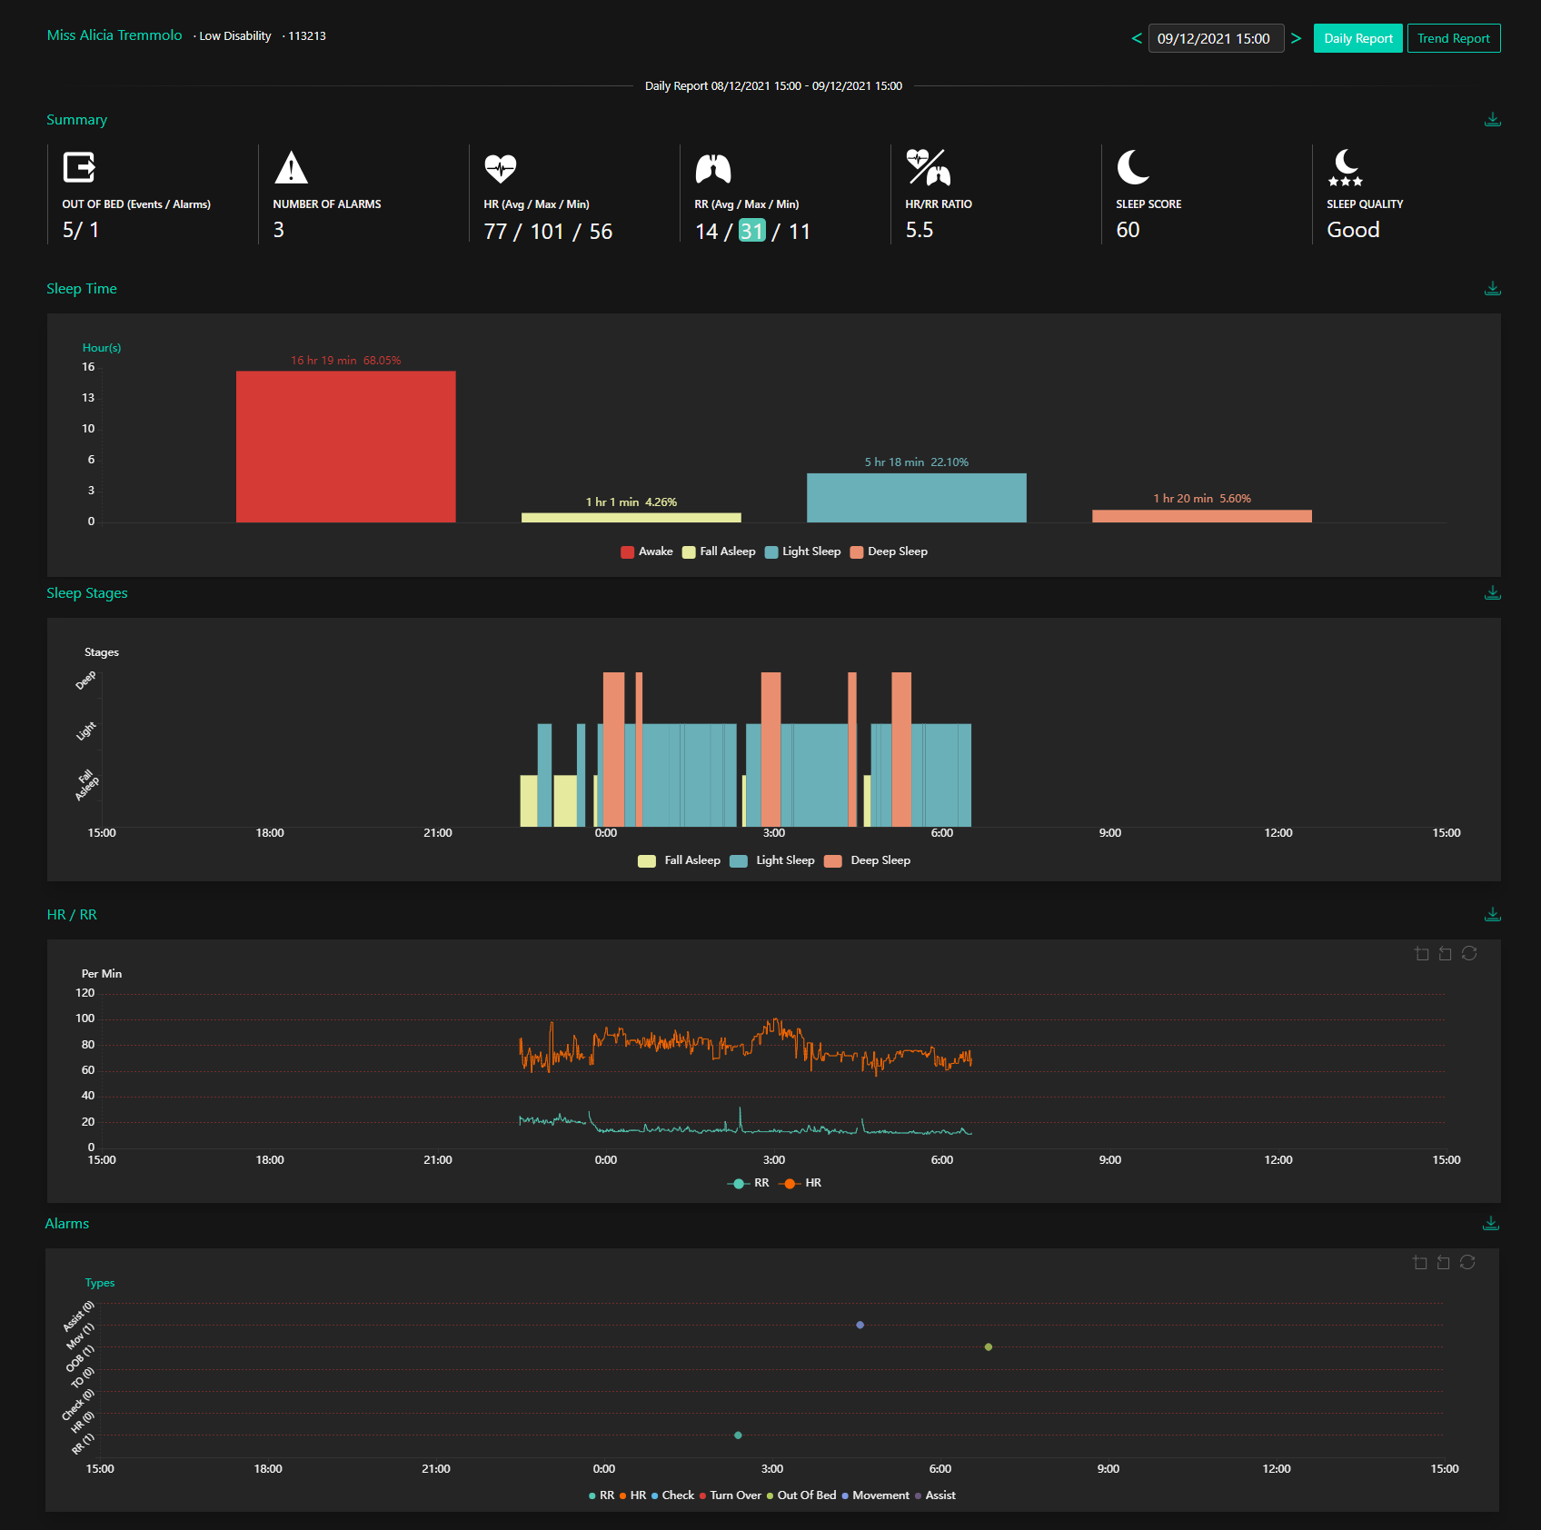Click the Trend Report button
click(x=1453, y=38)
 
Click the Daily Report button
click(x=1357, y=38)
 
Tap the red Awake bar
click(x=345, y=446)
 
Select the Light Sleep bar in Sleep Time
click(x=916, y=498)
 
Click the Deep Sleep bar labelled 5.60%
click(x=1201, y=516)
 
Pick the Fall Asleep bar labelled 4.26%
click(x=631, y=518)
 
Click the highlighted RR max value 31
click(x=751, y=231)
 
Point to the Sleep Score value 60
click(x=1128, y=230)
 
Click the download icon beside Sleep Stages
click(x=1492, y=592)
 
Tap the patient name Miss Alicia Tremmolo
click(x=114, y=35)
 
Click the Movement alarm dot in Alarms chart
click(x=860, y=1325)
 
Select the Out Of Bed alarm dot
click(x=988, y=1346)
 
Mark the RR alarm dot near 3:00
click(x=738, y=1436)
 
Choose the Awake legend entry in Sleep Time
click(x=647, y=551)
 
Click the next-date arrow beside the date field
click(x=1296, y=38)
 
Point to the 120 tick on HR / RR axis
click(x=85, y=993)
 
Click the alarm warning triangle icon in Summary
click(x=291, y=168)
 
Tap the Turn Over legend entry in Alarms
click(x=731, y=1495)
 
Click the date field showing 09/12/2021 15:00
click(x=1215, y=38)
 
